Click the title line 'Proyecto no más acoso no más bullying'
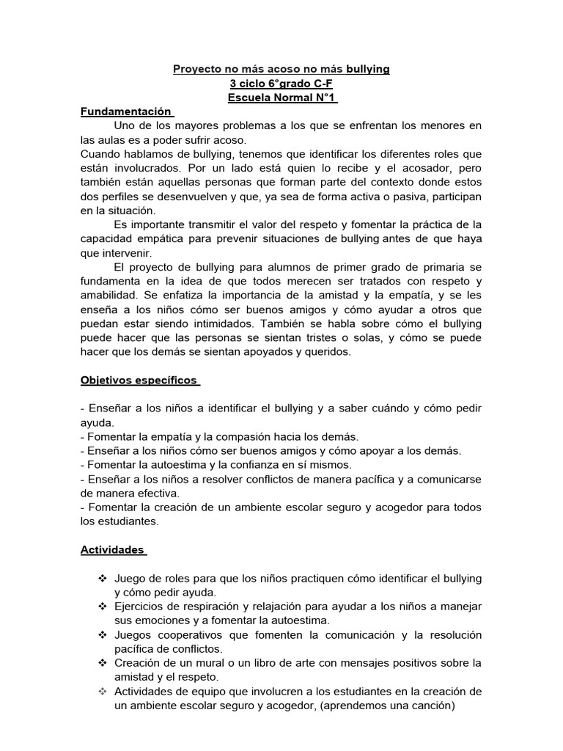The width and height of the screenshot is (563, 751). click(281, 69)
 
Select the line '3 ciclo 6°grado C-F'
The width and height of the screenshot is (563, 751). click(281, 83)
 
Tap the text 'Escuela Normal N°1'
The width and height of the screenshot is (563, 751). click(281, 98)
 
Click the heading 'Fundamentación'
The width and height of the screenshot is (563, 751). click(126, 111)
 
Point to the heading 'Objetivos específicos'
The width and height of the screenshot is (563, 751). click(139, 381)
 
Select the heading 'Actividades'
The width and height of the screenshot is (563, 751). click(112, 549)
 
